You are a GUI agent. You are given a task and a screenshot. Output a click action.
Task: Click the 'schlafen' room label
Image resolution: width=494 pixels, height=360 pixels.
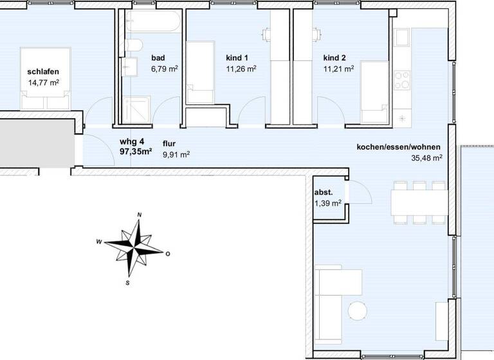point(43,72)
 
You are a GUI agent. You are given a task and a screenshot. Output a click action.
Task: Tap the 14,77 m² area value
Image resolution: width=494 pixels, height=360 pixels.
point(44,83)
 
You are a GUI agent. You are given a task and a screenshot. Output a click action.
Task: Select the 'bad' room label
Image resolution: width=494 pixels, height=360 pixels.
point(158,57)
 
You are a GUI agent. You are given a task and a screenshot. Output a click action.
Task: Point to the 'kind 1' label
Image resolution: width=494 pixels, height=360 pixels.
point(237,57)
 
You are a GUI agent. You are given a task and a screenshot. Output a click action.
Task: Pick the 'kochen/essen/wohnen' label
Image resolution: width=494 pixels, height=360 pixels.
point(399,147)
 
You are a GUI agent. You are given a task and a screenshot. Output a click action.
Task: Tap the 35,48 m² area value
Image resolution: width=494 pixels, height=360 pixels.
point(426,157)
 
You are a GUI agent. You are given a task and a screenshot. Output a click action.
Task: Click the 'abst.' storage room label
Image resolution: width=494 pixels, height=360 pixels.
point(324,193)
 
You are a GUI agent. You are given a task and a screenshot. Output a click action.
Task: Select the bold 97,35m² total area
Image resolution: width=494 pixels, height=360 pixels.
point(136,152)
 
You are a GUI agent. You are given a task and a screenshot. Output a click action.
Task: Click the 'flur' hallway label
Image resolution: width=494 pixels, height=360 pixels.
point(170,143)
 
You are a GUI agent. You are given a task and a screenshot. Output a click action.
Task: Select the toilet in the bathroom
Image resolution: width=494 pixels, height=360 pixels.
point(133,48)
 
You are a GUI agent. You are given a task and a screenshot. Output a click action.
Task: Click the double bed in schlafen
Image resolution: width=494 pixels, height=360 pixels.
point(44,79)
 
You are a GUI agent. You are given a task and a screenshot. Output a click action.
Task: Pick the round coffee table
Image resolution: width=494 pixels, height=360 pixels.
point(356,311)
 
